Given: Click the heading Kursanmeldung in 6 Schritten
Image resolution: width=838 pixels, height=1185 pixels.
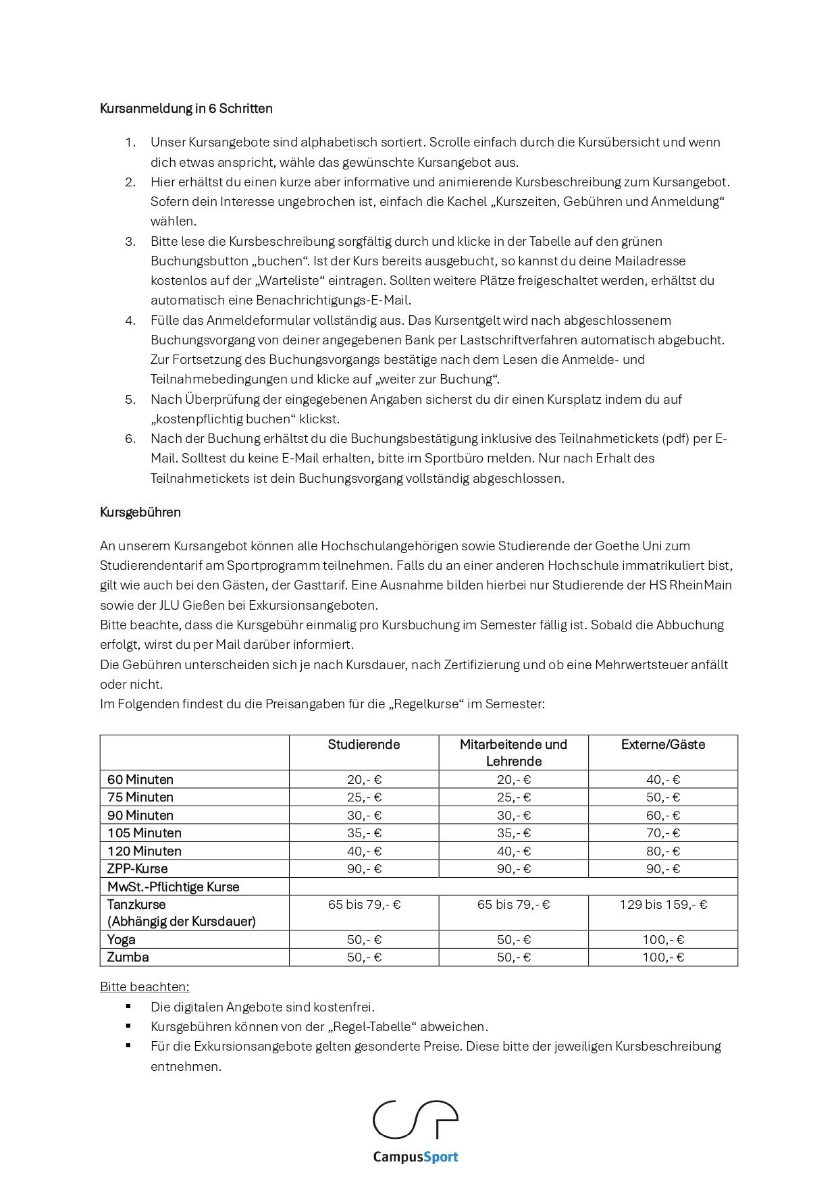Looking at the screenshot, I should [186, 109].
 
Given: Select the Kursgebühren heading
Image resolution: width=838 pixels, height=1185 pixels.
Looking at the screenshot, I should [140, 512].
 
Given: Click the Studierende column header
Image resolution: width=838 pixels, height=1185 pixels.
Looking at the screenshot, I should [364, 745].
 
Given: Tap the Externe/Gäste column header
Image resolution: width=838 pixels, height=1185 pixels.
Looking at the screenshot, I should [663, 745].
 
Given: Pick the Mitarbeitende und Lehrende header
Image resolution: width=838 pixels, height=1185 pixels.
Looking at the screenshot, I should [513, 753].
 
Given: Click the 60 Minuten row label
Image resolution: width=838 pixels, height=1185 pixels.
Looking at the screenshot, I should [140, 780].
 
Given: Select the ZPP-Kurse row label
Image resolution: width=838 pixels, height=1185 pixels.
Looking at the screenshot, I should [138, 869].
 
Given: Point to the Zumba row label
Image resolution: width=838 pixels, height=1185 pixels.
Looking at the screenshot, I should [128, 957].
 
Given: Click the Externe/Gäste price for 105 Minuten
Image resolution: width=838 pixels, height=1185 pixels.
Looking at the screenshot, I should [663, 833].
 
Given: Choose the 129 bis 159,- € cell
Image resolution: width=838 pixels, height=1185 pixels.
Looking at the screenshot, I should [663, 905].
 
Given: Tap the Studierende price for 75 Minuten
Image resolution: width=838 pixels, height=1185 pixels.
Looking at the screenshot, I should [364, 797].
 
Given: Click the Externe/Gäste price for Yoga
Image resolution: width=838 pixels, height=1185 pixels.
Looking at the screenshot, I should [663, 940].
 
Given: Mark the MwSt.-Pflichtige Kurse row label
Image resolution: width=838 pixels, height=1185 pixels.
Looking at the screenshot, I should [174, 887].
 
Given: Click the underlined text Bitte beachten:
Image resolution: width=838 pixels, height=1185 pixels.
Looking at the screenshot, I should [145, 987].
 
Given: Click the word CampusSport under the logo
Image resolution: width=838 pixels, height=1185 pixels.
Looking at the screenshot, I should [415, 1157].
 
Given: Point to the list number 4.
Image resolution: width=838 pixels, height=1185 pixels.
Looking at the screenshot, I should [130, 321].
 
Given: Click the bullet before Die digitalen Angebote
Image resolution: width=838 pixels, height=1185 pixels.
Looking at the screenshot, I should [128, 1007].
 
